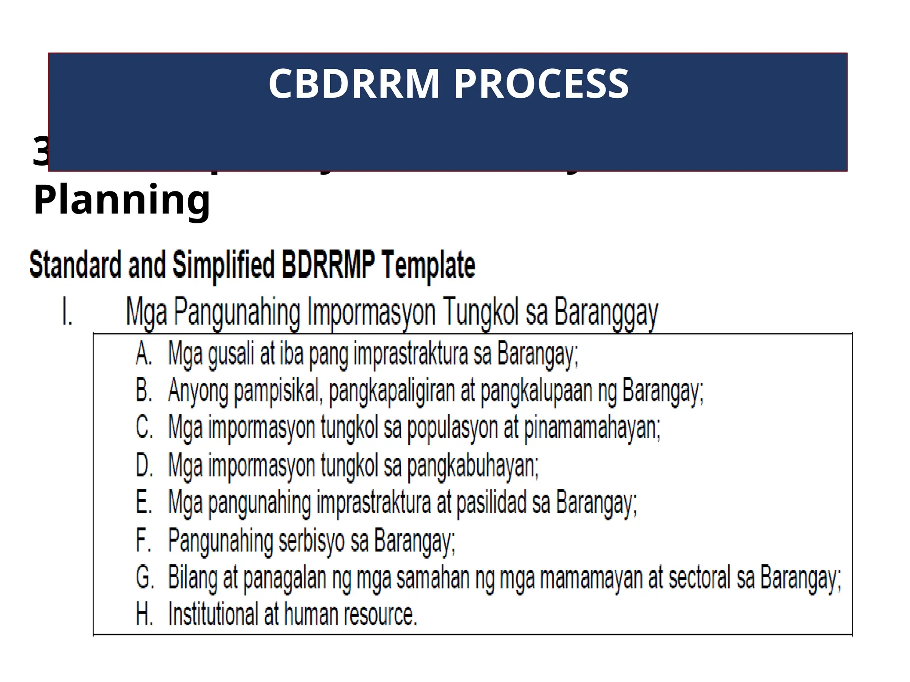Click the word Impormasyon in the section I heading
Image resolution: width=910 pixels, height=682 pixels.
[x=371, y=313]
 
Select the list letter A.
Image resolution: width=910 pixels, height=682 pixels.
[x=144, y=355]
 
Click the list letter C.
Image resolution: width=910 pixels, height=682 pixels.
[x=144, y=428]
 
